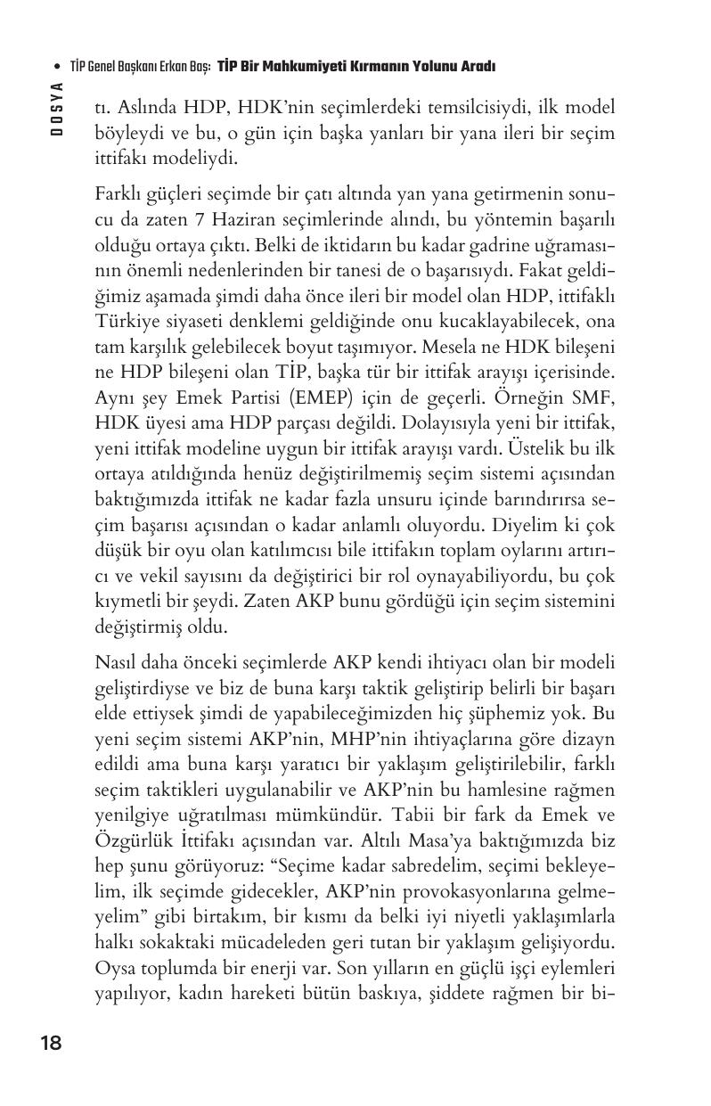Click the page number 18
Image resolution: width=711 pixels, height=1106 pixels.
51,1043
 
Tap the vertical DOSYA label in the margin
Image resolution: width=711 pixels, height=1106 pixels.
56,108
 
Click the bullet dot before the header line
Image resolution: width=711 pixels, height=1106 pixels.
57,67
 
